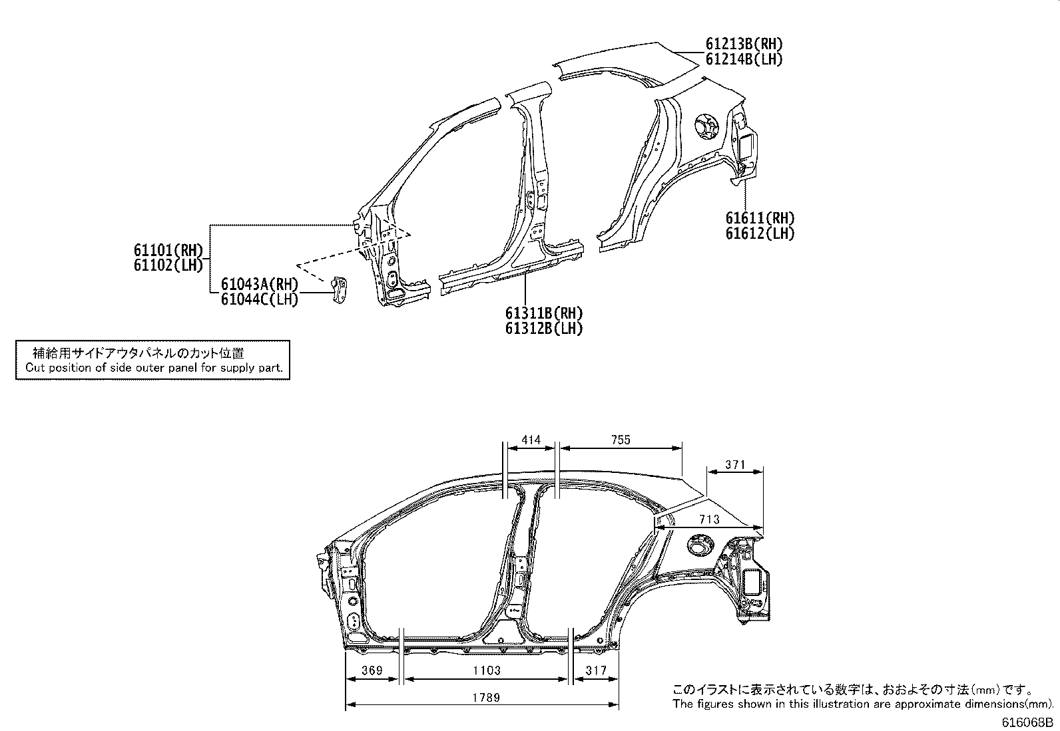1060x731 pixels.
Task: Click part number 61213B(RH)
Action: (744, 44)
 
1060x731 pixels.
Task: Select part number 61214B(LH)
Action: (744, 59)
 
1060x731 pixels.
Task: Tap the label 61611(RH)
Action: (760, 218)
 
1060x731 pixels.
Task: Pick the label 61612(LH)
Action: (760, 233)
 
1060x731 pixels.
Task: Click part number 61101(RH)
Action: (167, 250)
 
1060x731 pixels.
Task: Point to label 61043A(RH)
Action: (260, 284)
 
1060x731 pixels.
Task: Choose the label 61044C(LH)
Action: (260, 299)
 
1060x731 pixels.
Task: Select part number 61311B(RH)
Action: (543, 313)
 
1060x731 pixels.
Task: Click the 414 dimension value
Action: (531, 440)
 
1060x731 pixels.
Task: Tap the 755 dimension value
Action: (619, 440)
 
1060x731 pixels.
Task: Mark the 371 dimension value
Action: (734, 465)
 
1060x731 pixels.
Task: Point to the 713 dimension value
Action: (710, 519)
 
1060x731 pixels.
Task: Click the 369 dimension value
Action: (372, 670)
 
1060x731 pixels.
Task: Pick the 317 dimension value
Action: (595, 670)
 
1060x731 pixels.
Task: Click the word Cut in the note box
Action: (34, 367)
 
